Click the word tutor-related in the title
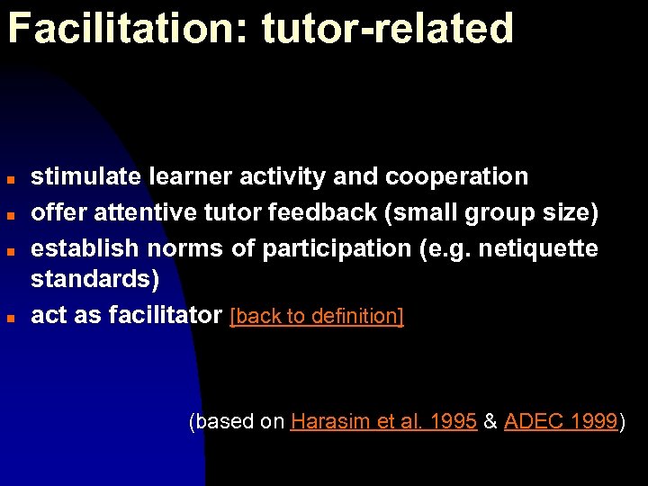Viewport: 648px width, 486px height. click(x=388, y=29)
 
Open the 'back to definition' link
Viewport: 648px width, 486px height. click(x=317, y=317)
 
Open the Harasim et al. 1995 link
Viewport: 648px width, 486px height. click(x=383, y=421)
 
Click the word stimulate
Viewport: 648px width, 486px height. click(x=85, y=176)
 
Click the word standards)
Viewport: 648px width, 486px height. click(x=95, y=280)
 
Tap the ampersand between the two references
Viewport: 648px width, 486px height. click(x=490, y=421)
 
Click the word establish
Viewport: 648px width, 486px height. click(x=83, y=247)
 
